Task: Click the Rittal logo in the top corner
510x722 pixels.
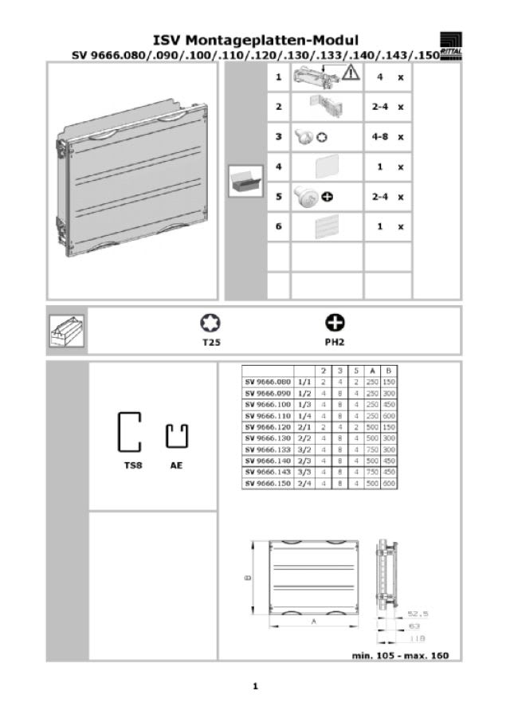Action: (x=451, y=45)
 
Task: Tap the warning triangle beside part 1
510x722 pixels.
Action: (x=351, y=73)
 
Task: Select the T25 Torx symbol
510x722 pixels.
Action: (x=210, y=323)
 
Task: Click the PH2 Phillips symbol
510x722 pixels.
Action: (x=335, y=323)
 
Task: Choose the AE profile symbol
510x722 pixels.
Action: (x=176, y=436)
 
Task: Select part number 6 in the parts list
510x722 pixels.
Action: (x=278, y=226)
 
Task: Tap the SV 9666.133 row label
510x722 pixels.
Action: (x=268, y=449)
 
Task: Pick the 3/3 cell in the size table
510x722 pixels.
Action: (x=304, y=472)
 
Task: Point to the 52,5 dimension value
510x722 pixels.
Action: (x=418, y=614)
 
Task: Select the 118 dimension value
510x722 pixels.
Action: (x=417, y=639)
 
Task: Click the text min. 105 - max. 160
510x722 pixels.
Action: (x=401, y=655)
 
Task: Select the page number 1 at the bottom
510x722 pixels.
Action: (x=255, y=685)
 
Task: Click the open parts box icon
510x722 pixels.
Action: (x=245, y=181)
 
